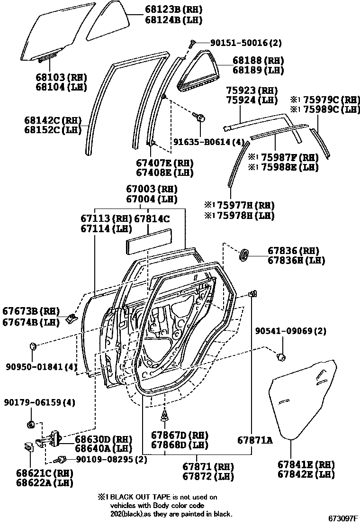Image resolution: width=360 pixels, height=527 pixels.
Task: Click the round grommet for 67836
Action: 244,254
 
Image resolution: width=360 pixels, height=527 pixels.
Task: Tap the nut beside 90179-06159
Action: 30,423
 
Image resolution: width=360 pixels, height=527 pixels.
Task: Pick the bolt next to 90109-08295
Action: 60,459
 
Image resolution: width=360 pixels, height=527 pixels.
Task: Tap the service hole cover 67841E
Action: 303,398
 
